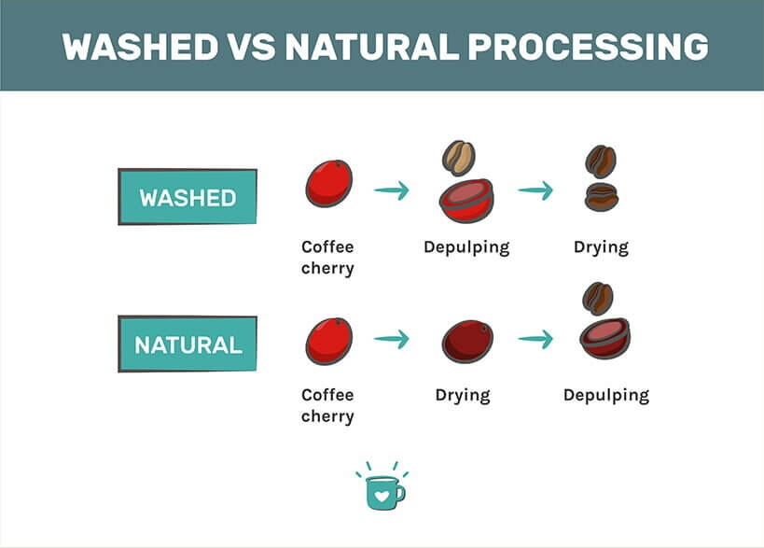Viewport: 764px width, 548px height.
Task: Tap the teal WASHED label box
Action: [188, 198]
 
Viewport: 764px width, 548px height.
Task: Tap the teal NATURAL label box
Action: [188, 344]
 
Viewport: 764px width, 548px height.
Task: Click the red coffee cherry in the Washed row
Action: [328, 183]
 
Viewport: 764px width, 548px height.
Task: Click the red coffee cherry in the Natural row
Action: [328, 341]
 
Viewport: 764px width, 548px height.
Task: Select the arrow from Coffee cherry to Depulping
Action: [392, 190]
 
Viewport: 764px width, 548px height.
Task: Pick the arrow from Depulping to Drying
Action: [535, 190]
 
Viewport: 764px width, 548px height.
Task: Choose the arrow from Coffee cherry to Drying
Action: [392, 339]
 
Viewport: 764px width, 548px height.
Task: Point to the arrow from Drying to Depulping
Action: [535, 339]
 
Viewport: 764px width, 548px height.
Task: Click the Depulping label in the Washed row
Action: [466, 247]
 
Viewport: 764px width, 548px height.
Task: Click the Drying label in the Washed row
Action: [601, 247]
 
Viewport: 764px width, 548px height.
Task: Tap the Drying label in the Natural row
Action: [463, 395]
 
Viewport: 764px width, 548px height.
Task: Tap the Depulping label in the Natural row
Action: [605, 395]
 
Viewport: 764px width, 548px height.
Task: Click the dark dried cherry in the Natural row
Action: [467, 342]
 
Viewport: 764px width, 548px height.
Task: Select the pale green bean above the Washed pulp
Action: [459, 158]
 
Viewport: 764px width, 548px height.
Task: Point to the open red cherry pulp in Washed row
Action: [466, 200]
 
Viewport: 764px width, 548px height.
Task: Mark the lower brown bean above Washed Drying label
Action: [601, 197]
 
